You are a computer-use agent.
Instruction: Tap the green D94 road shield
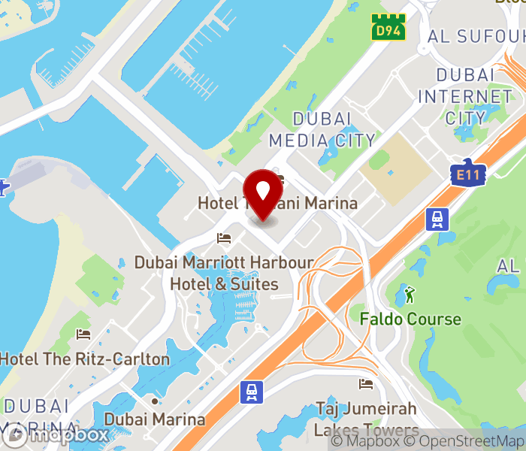click(x=388, y=28)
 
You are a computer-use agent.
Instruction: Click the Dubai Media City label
click(x=322, y=129)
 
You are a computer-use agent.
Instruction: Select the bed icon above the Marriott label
click(x=224, y=238)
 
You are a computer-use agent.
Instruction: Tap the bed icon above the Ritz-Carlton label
click(x=83, y=334)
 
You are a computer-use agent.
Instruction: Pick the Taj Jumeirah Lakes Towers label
click(x=366, y=419)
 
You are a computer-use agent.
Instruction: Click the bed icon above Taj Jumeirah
click(x=366, y=384)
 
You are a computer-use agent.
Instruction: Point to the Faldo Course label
click(x=410, y=319)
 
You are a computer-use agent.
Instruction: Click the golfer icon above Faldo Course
click(x=409, y=292)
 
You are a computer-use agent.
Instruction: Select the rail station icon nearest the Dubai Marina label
click(x=251, y=391)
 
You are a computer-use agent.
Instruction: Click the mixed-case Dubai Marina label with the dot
click(x=155, y=419)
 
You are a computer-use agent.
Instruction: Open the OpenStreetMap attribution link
click(x=472, y=441)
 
